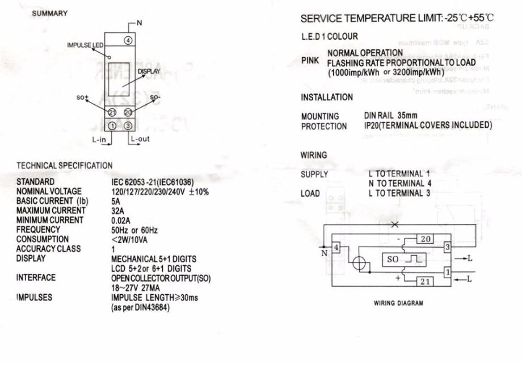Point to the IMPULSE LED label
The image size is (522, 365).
[83, 45]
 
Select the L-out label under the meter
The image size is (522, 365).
[140, 139]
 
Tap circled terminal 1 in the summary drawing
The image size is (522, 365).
[112, 125]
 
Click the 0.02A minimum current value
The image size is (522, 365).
[121, 220]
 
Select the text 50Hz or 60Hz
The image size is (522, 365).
[134, 230]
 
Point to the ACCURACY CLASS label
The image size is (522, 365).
[49, 248]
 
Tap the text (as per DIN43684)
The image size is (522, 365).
[140, 307]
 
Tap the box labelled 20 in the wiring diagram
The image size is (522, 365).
[425, 239]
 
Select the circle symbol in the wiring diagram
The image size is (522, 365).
[359, 264]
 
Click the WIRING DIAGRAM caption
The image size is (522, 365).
[398, 303]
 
